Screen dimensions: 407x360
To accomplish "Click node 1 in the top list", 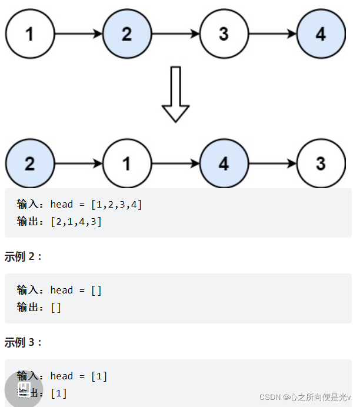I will [30, 34].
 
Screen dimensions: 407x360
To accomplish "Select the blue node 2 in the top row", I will [127, 34].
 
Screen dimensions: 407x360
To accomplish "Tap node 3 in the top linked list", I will [224, 34].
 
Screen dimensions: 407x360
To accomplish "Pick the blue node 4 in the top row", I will [321, 34].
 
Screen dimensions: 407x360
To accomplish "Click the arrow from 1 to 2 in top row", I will [78, 34].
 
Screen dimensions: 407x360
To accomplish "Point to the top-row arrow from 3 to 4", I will [272, 34].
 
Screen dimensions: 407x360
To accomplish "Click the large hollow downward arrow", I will [175, 94].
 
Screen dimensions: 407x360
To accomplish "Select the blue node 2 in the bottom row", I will [30, 163].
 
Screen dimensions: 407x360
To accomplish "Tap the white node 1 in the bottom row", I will [127, 163].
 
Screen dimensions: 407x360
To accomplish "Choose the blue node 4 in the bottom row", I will [224, 163].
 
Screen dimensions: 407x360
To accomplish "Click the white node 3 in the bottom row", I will [321, 163].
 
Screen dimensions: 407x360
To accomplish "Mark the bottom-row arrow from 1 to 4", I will [175, 164].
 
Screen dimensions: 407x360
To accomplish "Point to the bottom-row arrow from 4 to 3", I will [272, 164].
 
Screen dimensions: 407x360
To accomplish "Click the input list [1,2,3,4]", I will [116, 204].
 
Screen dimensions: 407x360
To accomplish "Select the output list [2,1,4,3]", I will [76, 221].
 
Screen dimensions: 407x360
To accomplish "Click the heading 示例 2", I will [24, 256].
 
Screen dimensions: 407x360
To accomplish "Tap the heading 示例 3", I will [24, 342].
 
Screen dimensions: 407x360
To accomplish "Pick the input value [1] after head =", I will [99, 376].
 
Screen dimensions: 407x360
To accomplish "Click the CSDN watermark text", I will [305, 398].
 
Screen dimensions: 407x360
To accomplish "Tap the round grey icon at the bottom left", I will [24, 388].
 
